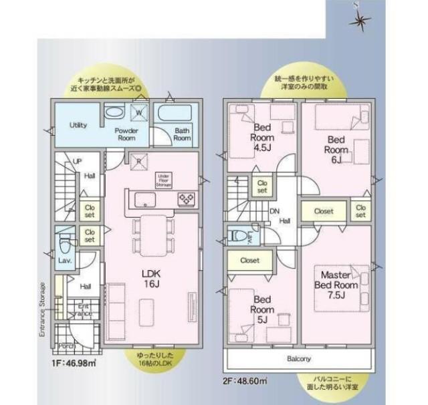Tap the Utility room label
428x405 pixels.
point(78,125)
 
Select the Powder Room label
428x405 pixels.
point(126,134)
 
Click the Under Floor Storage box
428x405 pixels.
point(165,179)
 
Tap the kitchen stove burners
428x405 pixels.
point(185,199)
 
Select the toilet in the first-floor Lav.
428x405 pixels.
point(65,240)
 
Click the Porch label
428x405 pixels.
point(66,346)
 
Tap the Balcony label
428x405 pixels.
point(299,359)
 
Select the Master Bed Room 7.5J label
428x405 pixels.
point(336,282)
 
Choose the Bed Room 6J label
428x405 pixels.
point(335,149)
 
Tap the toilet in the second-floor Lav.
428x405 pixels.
point(235,236)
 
